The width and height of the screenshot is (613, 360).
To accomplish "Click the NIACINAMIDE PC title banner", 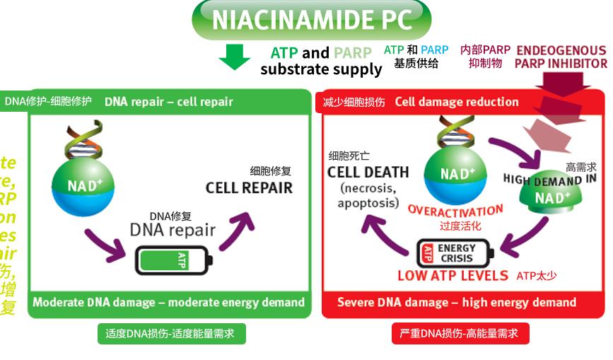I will coord(311,19).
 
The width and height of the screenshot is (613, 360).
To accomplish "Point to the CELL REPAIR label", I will coord(249,187).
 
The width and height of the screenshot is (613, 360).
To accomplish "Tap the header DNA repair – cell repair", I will coord(168,102).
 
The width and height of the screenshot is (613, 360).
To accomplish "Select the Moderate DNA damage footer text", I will coord(168,303).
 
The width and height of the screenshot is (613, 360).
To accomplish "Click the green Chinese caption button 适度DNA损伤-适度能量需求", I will coord(172,333).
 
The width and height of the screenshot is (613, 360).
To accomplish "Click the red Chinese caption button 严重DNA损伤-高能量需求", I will coord(460,333).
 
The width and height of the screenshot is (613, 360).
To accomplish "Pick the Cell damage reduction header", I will coord(457,102).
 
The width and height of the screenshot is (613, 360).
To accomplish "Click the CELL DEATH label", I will coord(368,172).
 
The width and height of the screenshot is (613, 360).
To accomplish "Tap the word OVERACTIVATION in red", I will coord(455,211).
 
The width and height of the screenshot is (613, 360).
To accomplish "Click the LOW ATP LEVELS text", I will coord(453,276).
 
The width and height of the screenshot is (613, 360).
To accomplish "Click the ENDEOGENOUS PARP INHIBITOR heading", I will coord(561,57).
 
